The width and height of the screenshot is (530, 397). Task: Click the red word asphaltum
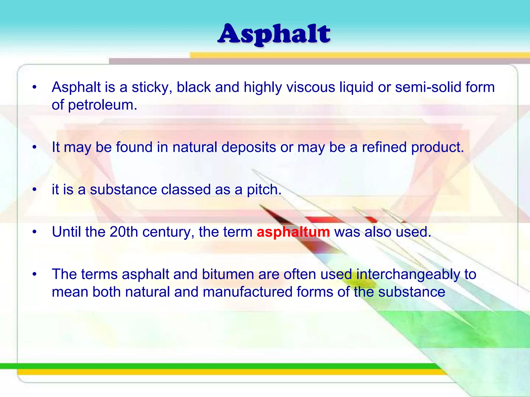point(293,232)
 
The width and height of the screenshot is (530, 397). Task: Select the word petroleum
point(102,105)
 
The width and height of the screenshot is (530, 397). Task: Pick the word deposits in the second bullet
point(249,147)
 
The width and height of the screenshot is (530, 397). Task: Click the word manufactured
point(247,292)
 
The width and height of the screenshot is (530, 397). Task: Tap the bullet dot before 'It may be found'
point(34,147)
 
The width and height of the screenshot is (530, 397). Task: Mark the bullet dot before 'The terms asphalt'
point(34,274)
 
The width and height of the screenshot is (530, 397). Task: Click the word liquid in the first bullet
point(356,87)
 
